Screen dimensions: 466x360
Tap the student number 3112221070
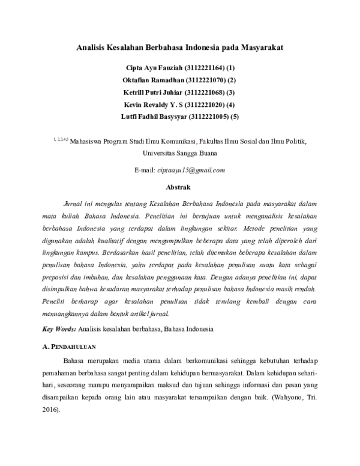coord(204,80)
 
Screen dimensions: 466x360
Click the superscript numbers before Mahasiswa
coord(61,140)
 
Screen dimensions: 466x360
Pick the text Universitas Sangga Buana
coord(180,153)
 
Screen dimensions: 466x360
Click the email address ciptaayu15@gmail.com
coord(191,170)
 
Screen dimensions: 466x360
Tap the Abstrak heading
coord(179,187)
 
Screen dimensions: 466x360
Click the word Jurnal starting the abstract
coord(73,204)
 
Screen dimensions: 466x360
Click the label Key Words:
coord(59,329)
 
